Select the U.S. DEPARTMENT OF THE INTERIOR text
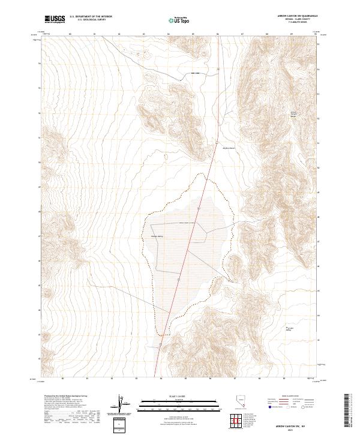[91, 17]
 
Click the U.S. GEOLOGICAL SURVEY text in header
[91, 20]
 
